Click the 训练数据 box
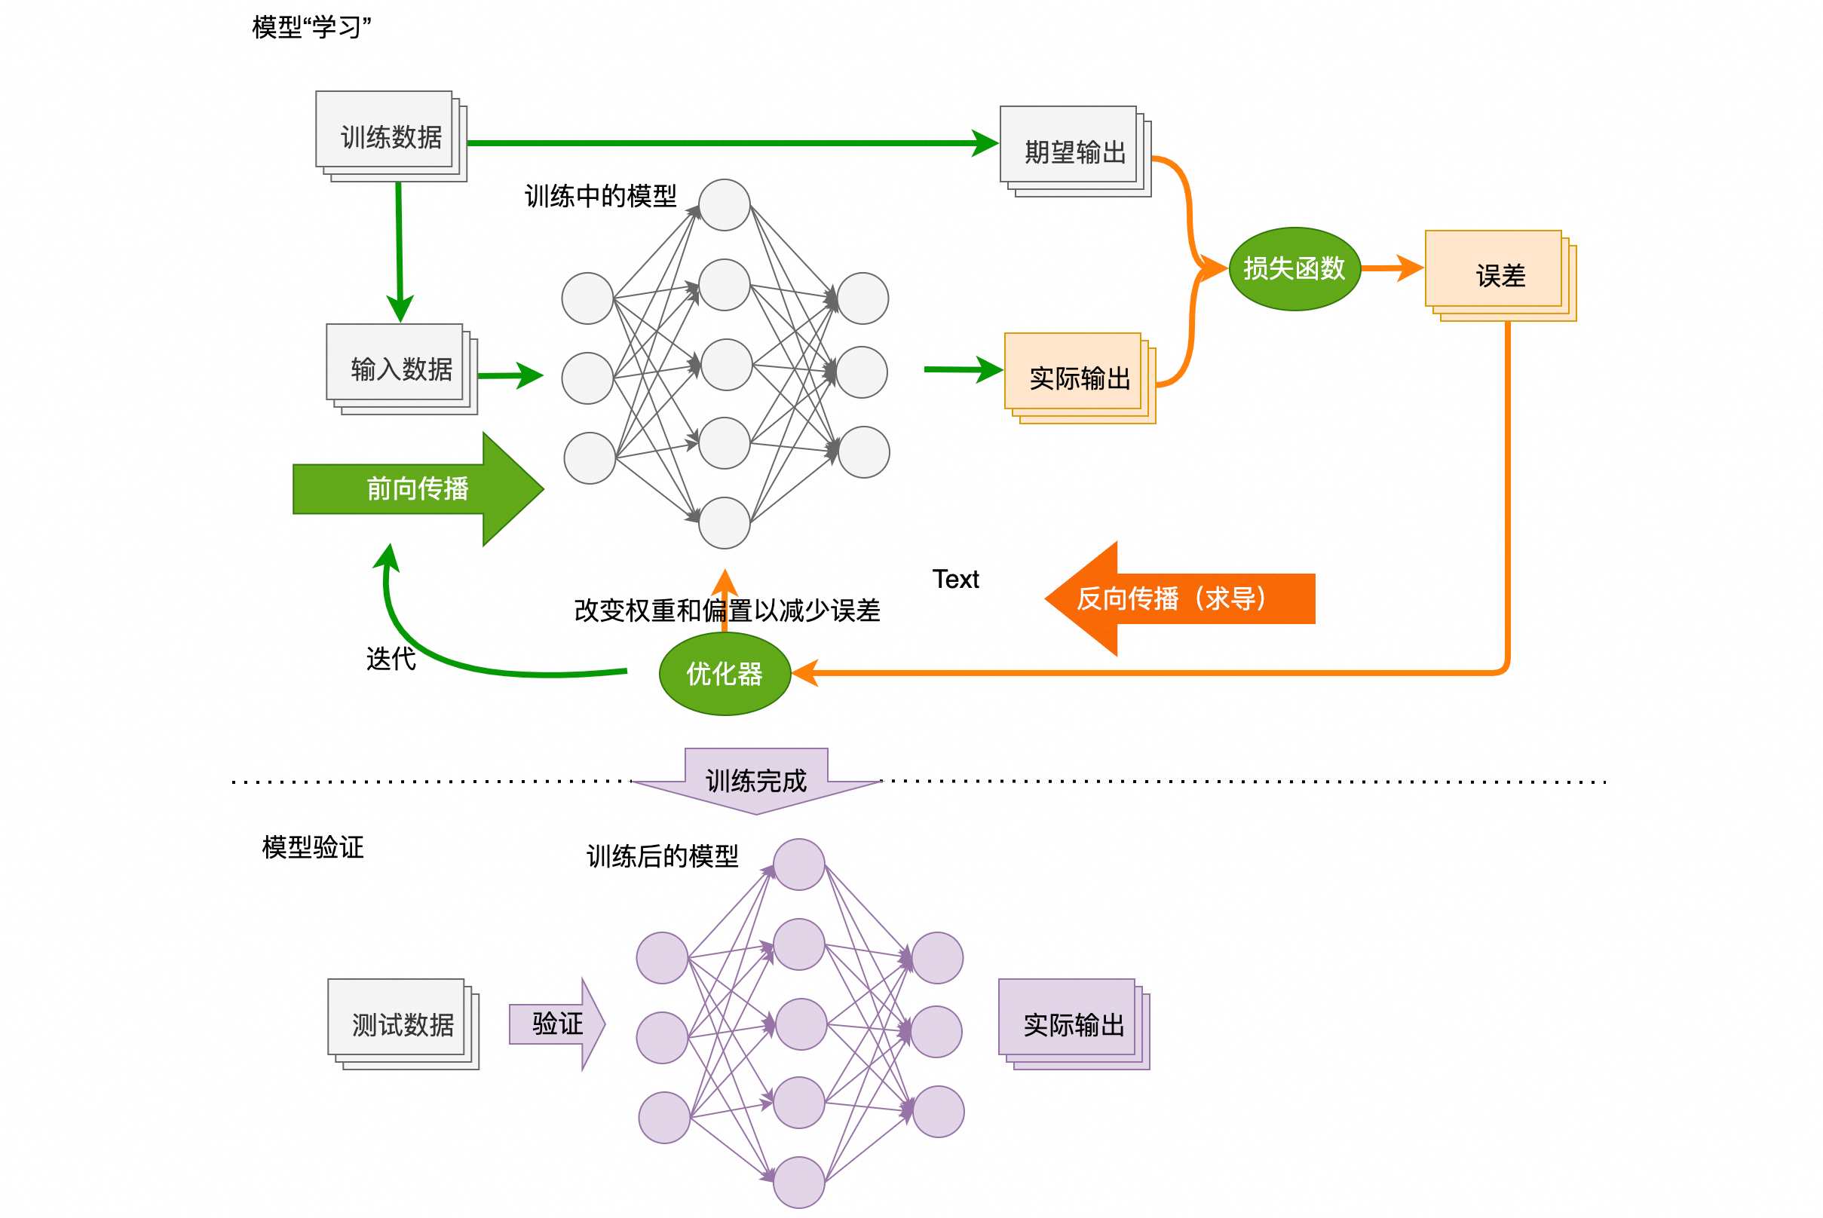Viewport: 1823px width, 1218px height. [x=390, y=136]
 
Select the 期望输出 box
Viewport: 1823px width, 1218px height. [x=1074, y=151]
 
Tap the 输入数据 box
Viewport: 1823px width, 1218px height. [x=401, y=369]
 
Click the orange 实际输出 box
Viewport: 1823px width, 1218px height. [x=1080, y=378]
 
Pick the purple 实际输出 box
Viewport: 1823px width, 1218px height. [x=1073, y=1024]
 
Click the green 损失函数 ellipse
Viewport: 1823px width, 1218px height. [x=1294, y=269]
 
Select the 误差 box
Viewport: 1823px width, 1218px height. [x=1500, y=276]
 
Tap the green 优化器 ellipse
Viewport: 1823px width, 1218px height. [x=725, y=674]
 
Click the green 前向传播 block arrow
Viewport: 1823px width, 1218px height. [x=417, y=488]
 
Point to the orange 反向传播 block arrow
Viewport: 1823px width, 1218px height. [x=1180, y=599]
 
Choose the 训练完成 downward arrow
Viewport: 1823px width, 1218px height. [x=756, y=781]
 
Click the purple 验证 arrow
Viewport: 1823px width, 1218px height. [x=556, y=1024]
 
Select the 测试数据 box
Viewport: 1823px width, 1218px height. [x=403, y=1024]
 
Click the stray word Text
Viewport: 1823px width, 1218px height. [x=955, y=579]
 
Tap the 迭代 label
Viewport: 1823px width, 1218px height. [x=391, y=659]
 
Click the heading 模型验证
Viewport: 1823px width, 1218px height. [x=312, y=846]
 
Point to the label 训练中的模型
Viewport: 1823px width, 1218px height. [x=600, y=196]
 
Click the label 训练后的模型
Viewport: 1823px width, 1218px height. [x=662, y=856]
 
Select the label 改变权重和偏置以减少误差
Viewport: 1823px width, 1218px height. [x=727, y=611]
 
